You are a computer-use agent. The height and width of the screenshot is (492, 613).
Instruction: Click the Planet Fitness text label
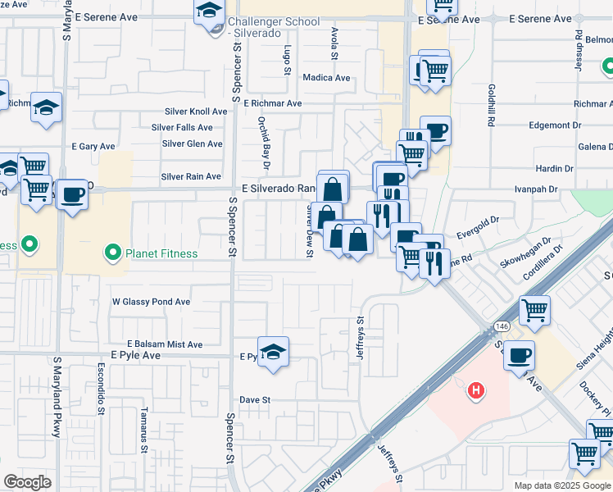click(161, 253)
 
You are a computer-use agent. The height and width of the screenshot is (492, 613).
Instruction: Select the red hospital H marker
click(475, 392)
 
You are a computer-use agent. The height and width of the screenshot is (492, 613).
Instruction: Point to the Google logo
click(28, 481)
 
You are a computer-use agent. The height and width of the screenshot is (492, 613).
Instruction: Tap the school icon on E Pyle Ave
click(274, 350)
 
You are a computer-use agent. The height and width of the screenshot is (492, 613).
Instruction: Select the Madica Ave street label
click(326, 78)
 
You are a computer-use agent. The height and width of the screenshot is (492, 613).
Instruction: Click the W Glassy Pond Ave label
click(151, 302)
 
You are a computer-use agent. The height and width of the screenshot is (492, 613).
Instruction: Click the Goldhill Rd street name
click(491, 105)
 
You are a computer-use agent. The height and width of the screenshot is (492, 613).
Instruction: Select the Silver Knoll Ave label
click(195, 111)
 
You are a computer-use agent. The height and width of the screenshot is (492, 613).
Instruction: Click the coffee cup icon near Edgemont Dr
click(436, 130)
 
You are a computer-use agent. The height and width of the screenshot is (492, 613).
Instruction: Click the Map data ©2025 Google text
click(562, 485)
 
